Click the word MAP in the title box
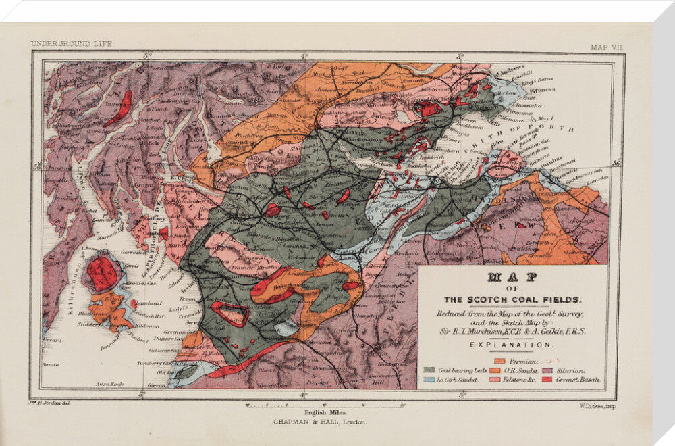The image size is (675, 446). (x=512, y=277)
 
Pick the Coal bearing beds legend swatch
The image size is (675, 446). (x=429, y=370)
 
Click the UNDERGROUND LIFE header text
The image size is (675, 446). (x=72, y=43)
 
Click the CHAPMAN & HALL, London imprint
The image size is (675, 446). (x=319, y=421)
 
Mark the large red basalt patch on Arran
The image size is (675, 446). (x=102, y=273)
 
